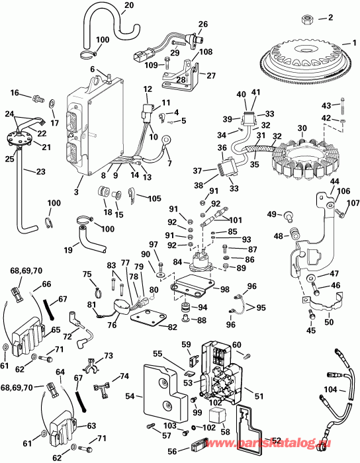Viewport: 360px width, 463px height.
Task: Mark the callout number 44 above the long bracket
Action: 316,181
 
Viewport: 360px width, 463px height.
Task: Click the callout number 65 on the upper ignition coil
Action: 55,329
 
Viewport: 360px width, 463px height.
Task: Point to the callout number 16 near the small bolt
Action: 14,93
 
